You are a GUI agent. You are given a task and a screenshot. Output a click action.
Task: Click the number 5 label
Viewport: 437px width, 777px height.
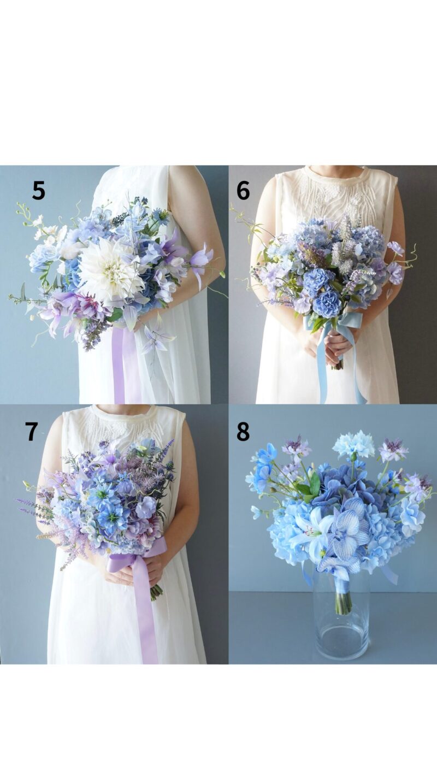[x=38, y=191]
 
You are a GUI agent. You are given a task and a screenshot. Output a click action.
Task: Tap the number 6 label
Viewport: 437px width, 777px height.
[x=243, y=191]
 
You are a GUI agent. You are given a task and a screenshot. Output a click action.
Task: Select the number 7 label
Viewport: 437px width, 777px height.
[x=32, y=431]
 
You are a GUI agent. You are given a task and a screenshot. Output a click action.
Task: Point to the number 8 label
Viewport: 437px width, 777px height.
[x=243, y=431]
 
